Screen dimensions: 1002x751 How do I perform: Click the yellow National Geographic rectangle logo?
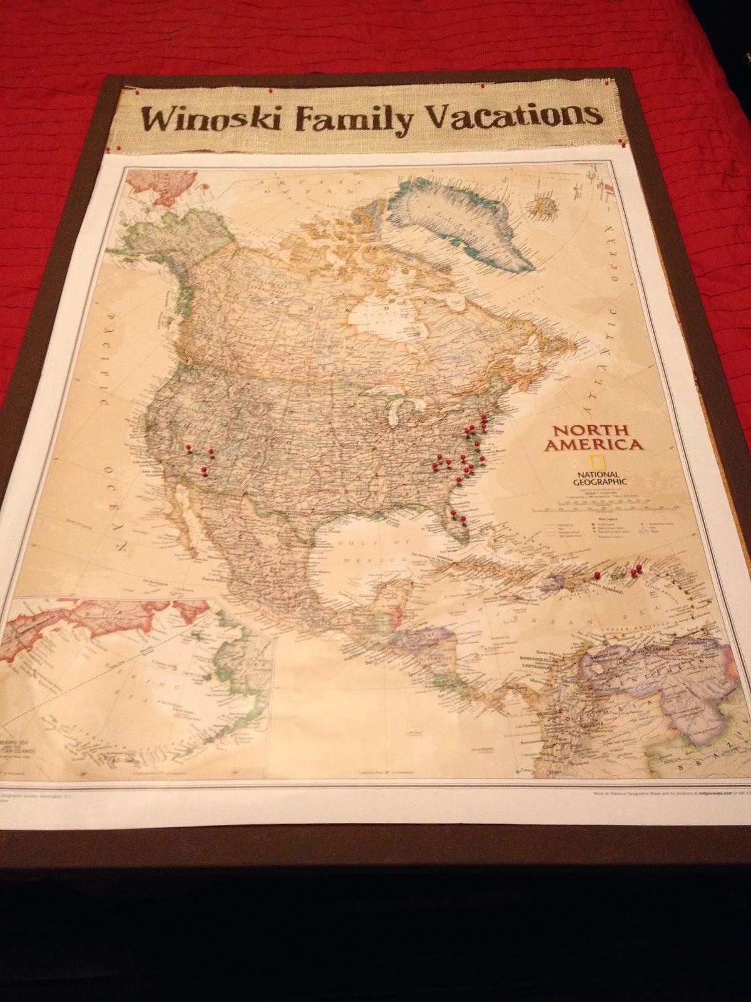click(599, 462)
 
